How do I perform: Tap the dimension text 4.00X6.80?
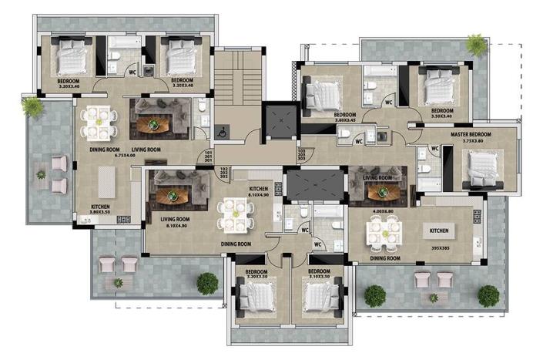(x=382, y=210)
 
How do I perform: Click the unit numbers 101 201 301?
(x=209, y=157)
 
